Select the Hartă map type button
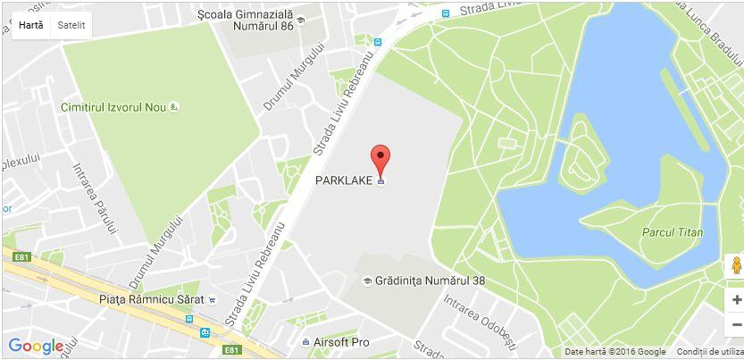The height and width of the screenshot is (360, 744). [x=30, y=25]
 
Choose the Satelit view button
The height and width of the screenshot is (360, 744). [x=71, y=25]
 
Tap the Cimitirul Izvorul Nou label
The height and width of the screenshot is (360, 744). [x=113, y=107]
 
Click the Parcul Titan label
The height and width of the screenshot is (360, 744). [x=673, y=232]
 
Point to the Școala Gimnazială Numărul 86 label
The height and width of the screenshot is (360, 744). [x=246, y=20]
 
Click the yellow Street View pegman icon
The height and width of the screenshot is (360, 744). [x=735, y=266]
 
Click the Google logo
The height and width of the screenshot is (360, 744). [x=36, y=346]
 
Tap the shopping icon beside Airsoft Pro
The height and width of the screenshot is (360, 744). [x=306, y=342]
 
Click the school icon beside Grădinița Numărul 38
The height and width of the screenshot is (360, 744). [x=366, y=281]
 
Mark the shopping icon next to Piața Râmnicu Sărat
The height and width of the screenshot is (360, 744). [x=211, y=300]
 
